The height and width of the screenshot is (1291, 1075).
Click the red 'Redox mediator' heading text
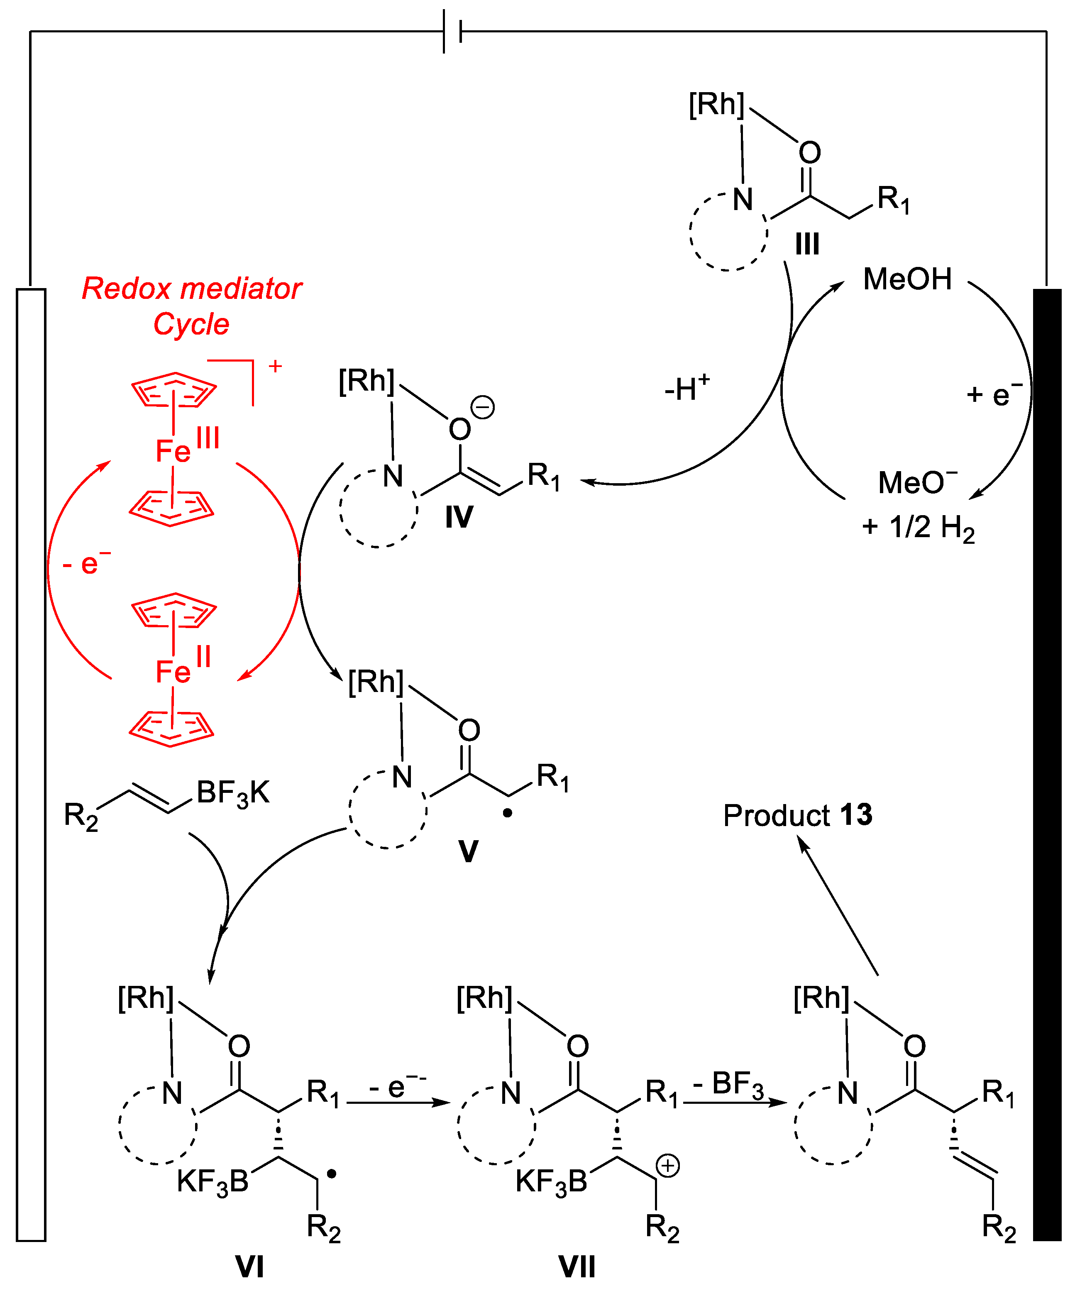[x=191, y=289]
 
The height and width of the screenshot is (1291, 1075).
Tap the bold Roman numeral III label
[x=807, y=244]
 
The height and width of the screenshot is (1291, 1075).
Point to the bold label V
[x=468, y=851]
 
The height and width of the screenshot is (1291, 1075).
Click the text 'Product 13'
[x=797, y=815]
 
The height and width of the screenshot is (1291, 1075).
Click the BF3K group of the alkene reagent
[x=233, y=793]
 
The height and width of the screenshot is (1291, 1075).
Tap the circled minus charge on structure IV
[x=482, y=408]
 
